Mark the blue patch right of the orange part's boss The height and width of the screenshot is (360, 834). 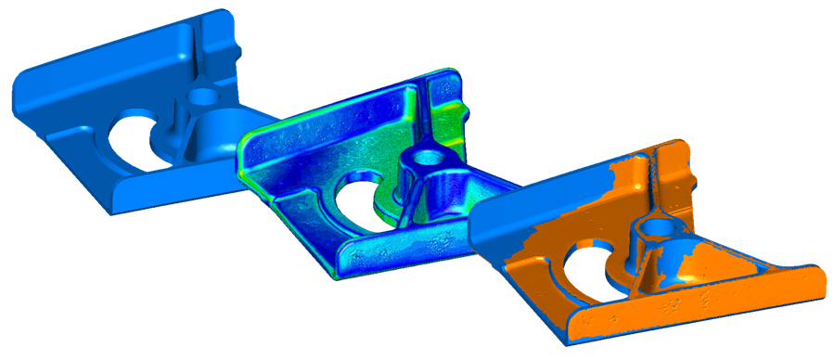coord(686,260)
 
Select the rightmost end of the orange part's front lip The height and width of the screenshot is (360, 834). coord(820,284)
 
